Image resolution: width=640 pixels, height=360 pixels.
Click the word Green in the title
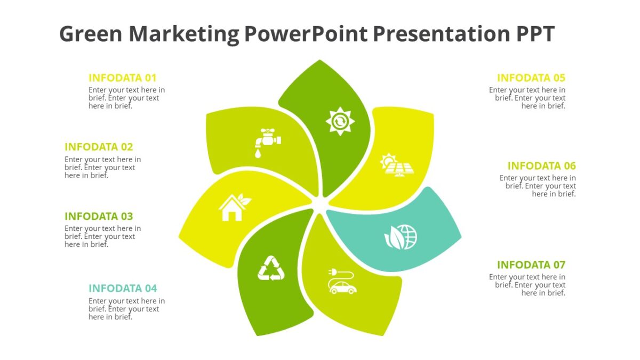coord(91,34)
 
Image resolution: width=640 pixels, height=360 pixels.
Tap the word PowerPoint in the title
coord(306,34)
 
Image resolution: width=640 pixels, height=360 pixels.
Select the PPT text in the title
coord(535,34)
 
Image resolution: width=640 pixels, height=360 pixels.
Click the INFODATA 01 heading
coord(123,78)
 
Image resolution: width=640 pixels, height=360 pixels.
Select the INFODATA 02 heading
coord(99,147)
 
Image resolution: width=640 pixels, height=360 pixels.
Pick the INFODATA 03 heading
coord(99,217)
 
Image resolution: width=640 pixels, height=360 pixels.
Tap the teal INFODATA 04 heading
coord(123,289)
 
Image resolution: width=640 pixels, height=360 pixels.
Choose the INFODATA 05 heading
coord(531,78)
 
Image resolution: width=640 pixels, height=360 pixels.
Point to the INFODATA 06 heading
coord(542,166)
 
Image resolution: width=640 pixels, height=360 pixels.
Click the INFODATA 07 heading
coord(531,265)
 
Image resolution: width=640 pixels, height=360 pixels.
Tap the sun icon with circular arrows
coord(340,122)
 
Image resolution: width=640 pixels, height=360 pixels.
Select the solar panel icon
coord(396,165)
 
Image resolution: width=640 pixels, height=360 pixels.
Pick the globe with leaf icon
coord(401,237)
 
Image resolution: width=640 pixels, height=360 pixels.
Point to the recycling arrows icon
coord(271,268)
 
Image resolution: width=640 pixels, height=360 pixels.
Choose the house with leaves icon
coord(234,207)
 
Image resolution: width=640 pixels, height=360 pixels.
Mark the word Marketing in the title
coord(183,34)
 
